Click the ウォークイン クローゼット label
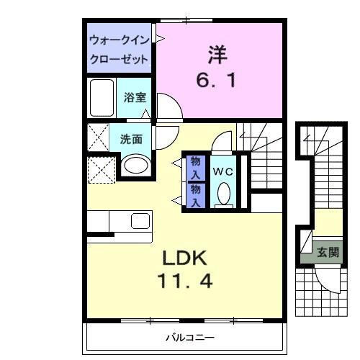(x=120, y=48)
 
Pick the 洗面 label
(x=131, y=139)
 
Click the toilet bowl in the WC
(x=224, y=192)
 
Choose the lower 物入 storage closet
(x=195, y=194)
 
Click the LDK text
(x=184, y=258)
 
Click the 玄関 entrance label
(x=328, y=253)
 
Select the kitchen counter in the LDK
(x=119, y=220)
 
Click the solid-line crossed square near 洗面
(x=97, y=136)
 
